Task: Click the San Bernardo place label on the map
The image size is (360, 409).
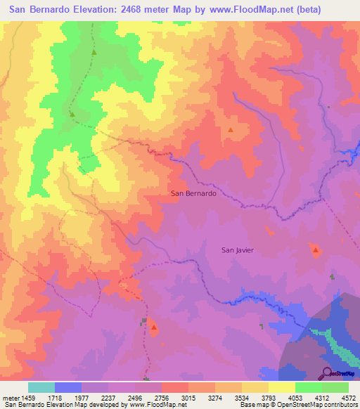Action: coord(193,193)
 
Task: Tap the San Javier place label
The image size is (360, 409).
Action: coord(237,249)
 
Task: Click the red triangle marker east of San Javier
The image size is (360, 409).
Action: coord(316,249)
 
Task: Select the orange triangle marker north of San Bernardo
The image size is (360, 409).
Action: coord(230,130)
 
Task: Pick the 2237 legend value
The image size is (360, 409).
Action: coord(109,397)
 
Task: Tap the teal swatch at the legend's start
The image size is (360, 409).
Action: coord(41,387)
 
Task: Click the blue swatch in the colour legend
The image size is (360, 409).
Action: coord(68,387)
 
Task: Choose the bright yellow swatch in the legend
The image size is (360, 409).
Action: coord(281,387)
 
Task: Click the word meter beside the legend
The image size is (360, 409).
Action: coord(11,397)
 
